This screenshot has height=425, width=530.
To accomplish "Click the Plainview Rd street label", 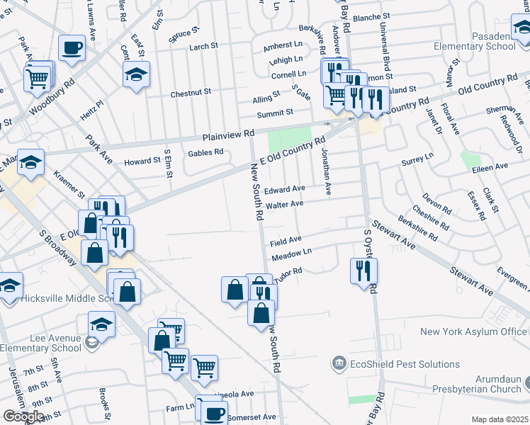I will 228,134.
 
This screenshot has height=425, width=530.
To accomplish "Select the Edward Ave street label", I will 284,189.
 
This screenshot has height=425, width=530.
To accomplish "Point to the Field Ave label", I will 286,240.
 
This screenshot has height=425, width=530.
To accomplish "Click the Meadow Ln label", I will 291,253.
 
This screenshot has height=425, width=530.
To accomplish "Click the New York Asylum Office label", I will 473,331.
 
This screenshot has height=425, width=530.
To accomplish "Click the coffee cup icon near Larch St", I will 72,48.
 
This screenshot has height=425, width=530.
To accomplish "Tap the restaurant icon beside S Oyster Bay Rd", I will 363,271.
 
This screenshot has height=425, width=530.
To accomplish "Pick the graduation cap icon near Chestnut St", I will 137,74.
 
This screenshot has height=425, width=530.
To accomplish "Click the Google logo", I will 23,416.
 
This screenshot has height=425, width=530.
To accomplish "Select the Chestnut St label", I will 191,93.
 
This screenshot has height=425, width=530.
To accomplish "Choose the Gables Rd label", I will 205,152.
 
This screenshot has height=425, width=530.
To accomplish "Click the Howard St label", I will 142,161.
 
